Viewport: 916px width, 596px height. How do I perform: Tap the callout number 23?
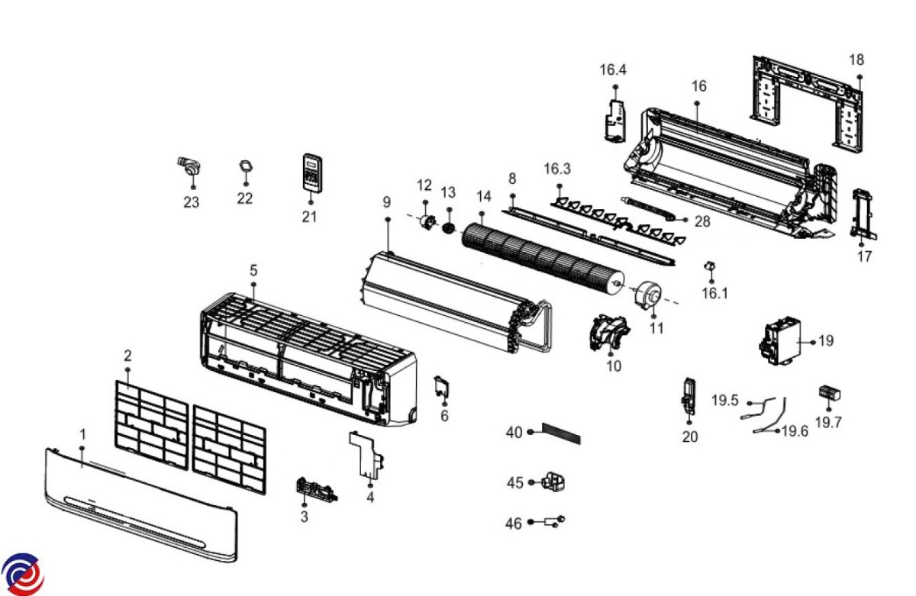(x=191, y=202)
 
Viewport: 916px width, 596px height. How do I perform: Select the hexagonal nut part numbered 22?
(x=245, y=166)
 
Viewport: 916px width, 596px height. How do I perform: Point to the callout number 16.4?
(x=613, y=70)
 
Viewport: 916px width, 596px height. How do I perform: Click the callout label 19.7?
(x=828, y=423)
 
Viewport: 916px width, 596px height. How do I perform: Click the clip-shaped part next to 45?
(x=556, y=482)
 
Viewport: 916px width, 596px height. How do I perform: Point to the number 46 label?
(x=514, y=524)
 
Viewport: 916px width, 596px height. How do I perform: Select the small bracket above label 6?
(x=441, y=386)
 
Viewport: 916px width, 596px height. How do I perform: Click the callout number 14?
(x=483, y=197)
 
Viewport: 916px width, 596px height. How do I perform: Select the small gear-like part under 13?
(x=449, y=227)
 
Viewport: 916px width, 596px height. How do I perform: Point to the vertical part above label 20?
(x=689, y=395)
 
